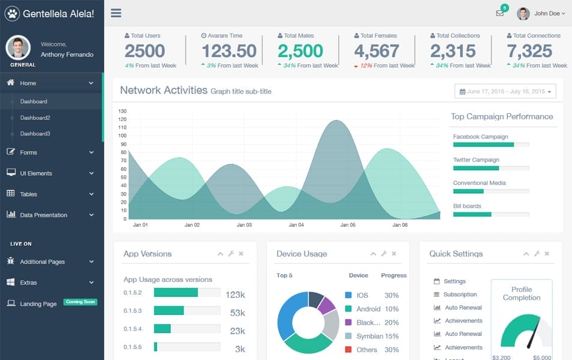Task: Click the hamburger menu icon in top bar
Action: tap(116, 13)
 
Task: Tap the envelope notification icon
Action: tap(499, 13)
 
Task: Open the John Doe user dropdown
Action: tap(543, 13)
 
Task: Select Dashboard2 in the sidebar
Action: tap(35, 118)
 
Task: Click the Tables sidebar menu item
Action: tap(28, 194)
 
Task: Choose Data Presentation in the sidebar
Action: tap(43, 215)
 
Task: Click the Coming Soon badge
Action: tap(80, 302)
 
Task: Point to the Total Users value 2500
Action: tap(144, 51)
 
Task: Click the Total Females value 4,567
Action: tap(377, 51)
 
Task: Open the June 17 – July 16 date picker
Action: tap(505, 91)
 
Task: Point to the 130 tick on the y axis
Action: tap(122, 111)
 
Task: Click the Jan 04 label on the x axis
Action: tap(296, 225)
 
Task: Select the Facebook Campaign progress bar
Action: tap(490, 145)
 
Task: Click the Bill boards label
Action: tap(467, 206)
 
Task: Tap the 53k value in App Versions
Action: tap(237, 313)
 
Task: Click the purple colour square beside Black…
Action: tap(348, 322)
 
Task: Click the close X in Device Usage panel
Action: tap(394, 254)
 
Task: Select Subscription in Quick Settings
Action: tap(460, 295)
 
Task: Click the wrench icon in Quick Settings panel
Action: tap(537, 254)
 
